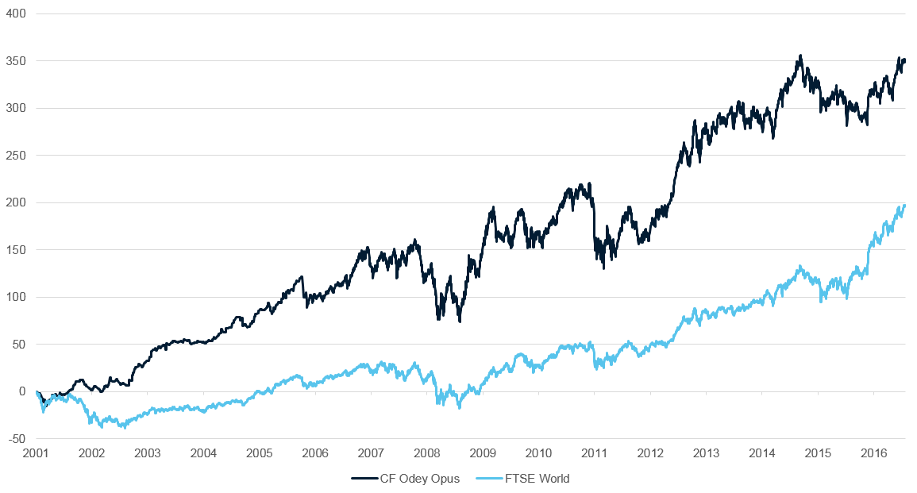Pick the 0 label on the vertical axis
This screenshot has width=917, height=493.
point(22,392)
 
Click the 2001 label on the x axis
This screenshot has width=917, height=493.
point(36,453)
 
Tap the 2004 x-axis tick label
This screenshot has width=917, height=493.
point(203,453)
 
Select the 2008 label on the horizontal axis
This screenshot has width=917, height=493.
point(427,453)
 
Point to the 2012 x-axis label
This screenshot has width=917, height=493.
point(650,453)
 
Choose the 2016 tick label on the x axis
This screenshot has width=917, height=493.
point(874,453)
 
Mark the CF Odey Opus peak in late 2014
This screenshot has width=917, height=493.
point(800,56)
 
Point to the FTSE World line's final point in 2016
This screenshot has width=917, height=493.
point(904,206)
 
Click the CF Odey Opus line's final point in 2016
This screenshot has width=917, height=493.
point(904,60)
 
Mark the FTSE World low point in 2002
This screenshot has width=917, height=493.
point(122,428)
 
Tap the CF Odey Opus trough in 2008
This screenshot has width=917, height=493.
point(460,321)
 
